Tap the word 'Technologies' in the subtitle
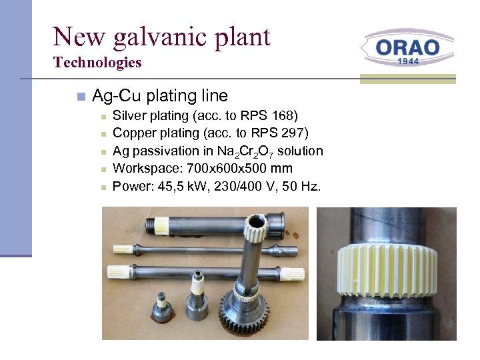click(x=97, y=63)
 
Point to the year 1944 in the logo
click(x=408, y=61)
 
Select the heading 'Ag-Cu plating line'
click(x=160, y=96)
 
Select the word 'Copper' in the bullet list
click(x=133, y=134)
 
